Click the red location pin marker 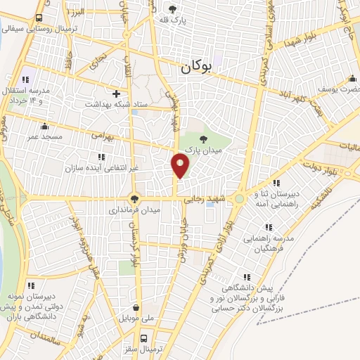tap(181, 166)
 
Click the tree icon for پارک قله tap(172, 9)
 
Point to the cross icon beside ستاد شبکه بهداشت tap(117, 94)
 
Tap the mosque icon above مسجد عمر tap(46, 126)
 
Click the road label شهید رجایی tap(203, 200)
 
